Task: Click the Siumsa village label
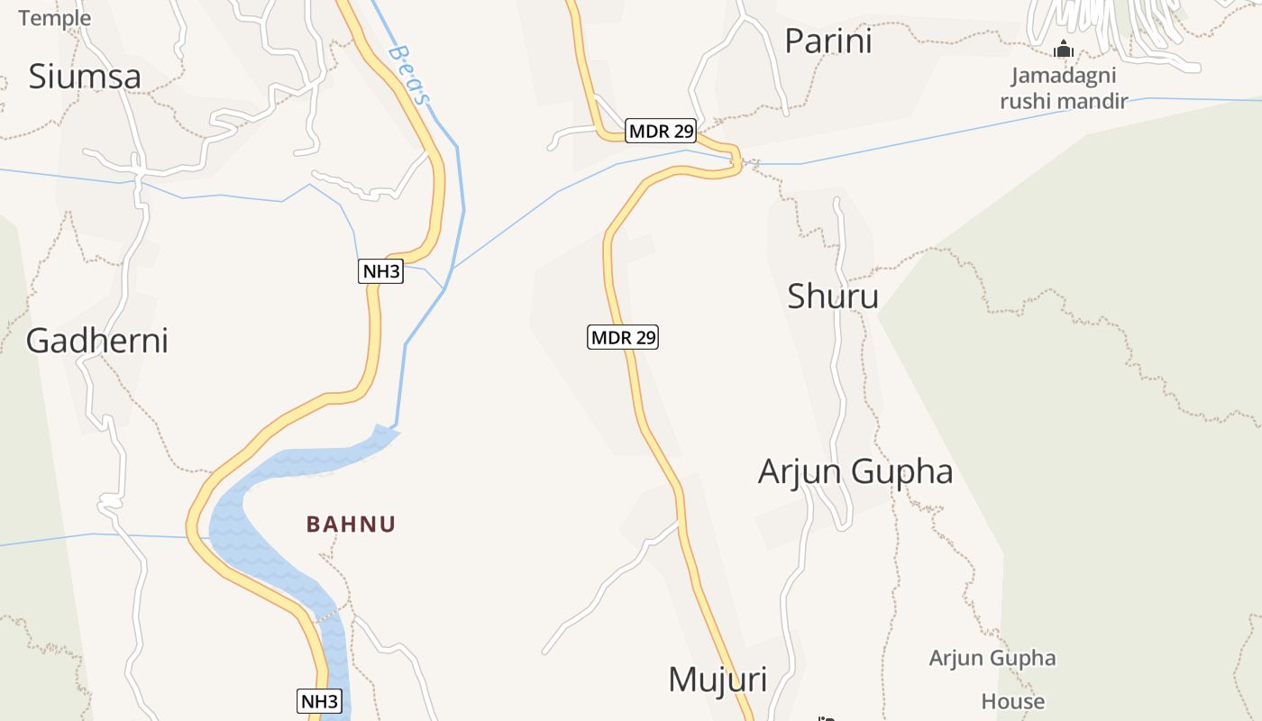[x=85, y=77]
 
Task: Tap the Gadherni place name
[x=97, y=341]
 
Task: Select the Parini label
[x=828, y=41]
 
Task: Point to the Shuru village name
[x=833, y=296]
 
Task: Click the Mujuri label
[x=718, y=680]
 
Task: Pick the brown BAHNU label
[x=351, y=525]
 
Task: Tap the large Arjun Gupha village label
[x=855, y=471]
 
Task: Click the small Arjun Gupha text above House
[x=992, y=658]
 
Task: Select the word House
[x=1013, y=701]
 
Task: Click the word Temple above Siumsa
[x=54, y=18]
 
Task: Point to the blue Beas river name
[x=407, y=75]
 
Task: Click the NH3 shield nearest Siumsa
[x=380, y=271]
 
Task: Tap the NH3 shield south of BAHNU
[x=320, y=701]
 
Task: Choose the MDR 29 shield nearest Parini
[x=662, y=132]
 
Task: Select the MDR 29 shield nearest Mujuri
[x=623, y=338]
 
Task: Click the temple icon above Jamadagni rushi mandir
[x=1064, y=49]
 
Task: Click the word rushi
[x=1026, y=101]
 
